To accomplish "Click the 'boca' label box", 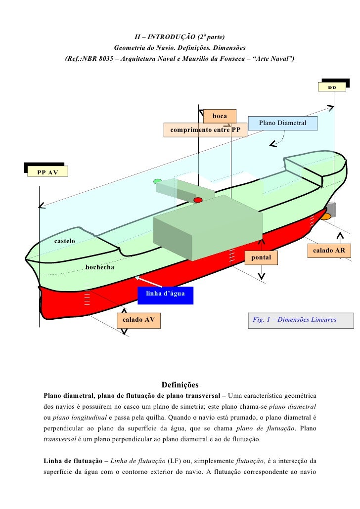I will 220,116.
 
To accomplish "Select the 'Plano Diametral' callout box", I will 282,123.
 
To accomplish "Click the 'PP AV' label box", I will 47,171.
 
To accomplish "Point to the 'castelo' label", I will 64,241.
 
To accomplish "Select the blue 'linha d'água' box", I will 165,294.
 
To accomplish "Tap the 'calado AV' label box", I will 138,320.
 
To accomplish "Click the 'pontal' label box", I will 261,258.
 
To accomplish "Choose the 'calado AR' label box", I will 329,251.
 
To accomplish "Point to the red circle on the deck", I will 198,200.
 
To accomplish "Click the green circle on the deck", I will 158,181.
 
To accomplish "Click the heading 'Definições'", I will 180,384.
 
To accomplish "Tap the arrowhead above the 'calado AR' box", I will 340,235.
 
